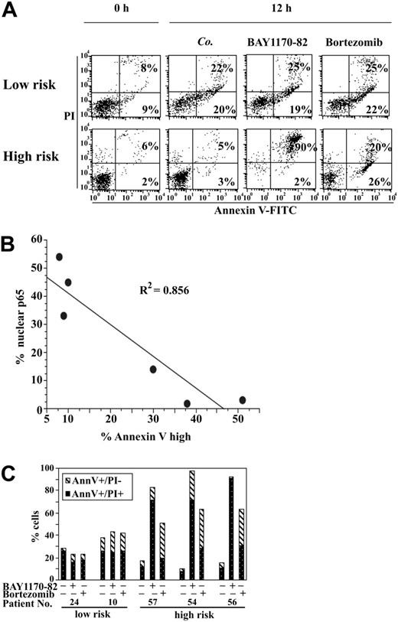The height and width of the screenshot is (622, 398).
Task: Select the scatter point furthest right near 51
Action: click(242, 400)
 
